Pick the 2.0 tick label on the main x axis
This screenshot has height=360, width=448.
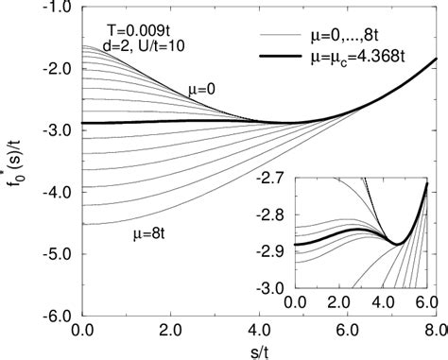click(x=172, y=330)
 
